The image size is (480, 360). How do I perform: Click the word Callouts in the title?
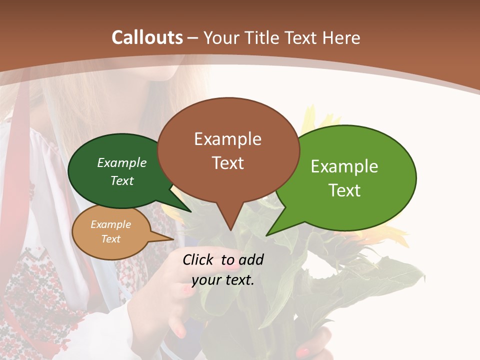pos(147,37)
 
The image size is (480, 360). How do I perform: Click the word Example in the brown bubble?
pos(227,139)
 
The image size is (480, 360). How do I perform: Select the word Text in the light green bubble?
pos(344,190)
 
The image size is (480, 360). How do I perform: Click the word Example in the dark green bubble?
pos(122,163)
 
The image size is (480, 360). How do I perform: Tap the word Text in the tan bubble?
pos(111,239)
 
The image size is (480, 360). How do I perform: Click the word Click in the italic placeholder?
pos(199,259)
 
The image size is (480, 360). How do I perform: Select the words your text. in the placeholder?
pos(223,280)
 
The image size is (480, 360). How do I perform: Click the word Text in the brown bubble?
pos(228,163)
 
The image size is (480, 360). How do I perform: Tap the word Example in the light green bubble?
pos(344,166)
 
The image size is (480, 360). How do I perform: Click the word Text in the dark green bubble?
pos(122,180)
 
